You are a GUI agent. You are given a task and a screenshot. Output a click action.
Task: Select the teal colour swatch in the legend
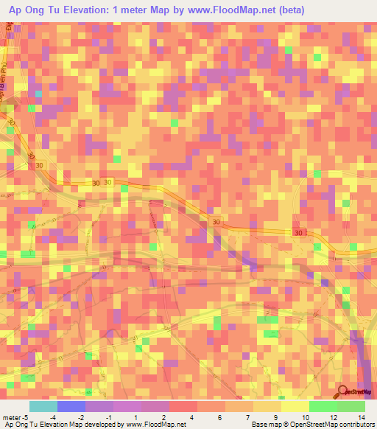pos(43,406)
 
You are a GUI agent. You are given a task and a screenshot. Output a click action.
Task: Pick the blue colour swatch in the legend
pos(71,406)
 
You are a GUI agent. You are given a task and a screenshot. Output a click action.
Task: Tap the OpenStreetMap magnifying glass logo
pos(343,391)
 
